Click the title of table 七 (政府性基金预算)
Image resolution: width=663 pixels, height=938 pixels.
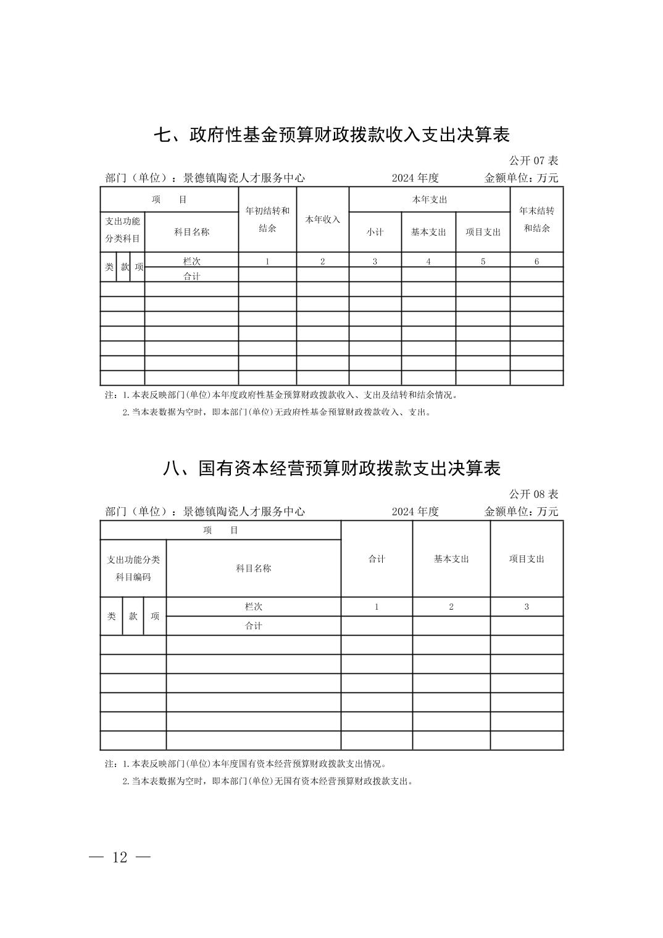(331, 135)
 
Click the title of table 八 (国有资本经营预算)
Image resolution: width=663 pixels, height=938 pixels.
(331, 468)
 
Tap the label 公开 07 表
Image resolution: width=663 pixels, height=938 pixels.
(533, 160)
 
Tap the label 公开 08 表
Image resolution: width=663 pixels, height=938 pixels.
(533, 494)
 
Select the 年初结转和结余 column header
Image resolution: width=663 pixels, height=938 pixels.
(267, 219)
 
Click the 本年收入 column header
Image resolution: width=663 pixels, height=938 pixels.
(322, 220)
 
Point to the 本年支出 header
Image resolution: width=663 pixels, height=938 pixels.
(429, 199)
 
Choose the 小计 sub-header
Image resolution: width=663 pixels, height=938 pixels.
(375, 232)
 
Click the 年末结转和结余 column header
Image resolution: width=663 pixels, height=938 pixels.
(536, 219)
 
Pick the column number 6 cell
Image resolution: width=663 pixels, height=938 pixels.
(536, 261)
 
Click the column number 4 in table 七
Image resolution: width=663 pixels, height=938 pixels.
(428, 261)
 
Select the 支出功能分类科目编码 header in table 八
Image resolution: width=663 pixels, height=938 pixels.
(133, 568)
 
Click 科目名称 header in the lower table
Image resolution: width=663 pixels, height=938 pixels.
(253, 568)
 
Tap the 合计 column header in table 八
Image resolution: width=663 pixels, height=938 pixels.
(377, 558)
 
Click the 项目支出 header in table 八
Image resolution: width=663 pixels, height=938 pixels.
(527, 558)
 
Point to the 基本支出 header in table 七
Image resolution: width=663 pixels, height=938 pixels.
(428, 232)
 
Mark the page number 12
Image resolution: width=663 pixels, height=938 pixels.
(120, 857)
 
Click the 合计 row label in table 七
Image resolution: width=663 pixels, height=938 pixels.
(191, 276)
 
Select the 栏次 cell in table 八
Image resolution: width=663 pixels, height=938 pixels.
(253, 607)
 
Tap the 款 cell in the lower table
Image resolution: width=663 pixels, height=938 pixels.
(133, 616)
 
